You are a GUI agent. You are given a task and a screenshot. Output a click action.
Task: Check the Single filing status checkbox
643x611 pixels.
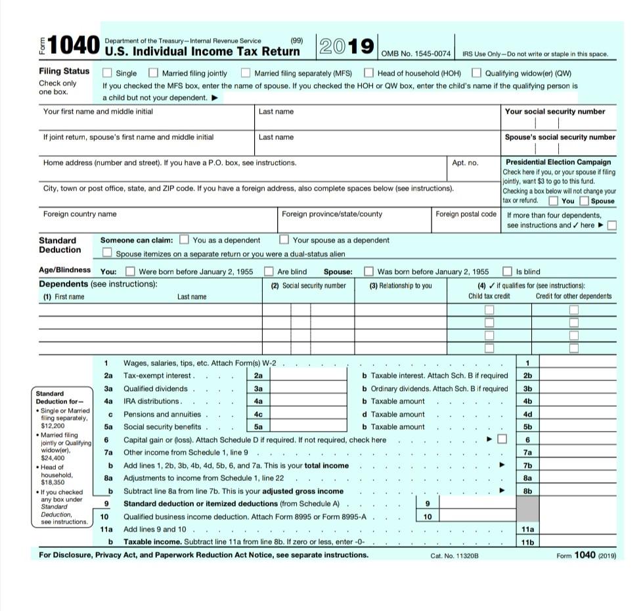tap(108, 73)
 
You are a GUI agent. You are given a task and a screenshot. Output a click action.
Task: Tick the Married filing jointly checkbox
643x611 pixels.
tap(153, 73)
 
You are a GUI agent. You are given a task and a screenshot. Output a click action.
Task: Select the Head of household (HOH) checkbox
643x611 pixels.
tap(369, 73)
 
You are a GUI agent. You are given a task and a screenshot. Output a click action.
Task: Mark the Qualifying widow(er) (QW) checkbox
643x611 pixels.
tap(477, 73)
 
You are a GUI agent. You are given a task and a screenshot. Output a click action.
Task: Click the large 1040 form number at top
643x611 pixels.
tap(72, 46)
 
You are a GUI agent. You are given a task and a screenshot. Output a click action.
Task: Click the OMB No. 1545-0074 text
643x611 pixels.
tap(415, 53)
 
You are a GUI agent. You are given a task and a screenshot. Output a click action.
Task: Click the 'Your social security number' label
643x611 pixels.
tap(555, 112)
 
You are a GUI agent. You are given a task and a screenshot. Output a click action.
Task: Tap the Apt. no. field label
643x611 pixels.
tap(465, 162)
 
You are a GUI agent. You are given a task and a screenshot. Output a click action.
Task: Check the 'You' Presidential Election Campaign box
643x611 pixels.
tap(554, 201)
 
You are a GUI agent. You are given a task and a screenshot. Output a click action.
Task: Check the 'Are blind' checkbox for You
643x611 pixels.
tap(269, 271)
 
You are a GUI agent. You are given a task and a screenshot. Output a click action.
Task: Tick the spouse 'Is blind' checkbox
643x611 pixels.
tap(507, 271)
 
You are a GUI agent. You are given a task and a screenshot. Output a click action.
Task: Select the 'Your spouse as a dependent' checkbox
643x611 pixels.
tap(284, 240)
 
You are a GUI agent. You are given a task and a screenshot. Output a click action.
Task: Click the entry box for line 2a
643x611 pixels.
tap(309, 376)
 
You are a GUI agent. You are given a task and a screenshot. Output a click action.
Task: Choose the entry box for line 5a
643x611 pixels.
tap(309, 427)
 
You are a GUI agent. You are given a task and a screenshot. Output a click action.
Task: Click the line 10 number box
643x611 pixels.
tap(427, 516)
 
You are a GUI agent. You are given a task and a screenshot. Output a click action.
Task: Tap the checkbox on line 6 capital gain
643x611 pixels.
tap(502, 440)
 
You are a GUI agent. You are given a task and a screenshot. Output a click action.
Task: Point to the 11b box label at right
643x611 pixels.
tap(527, 542)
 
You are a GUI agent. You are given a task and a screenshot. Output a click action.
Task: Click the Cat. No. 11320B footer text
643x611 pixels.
tap(455, 556)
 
